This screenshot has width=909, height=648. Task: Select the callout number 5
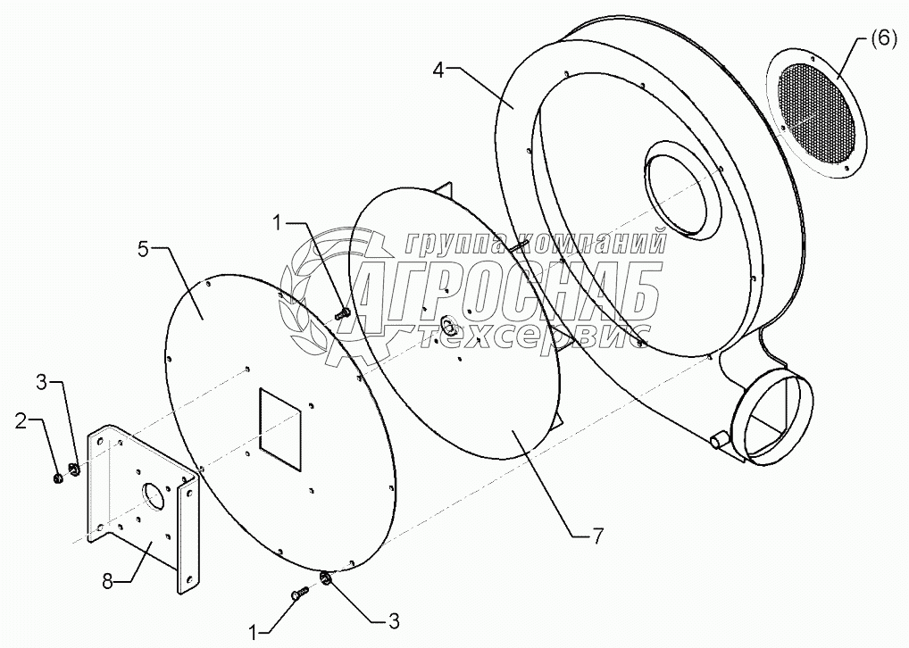click(x=145, y=249)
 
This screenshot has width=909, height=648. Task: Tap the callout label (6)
click(x=879, y=39)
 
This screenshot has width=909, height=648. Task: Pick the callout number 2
click(x=21, y=420)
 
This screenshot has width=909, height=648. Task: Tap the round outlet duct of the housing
click(x=773, y=420)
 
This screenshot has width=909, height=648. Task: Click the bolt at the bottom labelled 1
click(x=299, y=592)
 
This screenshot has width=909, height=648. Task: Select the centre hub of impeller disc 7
click(x=446, y=323)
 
